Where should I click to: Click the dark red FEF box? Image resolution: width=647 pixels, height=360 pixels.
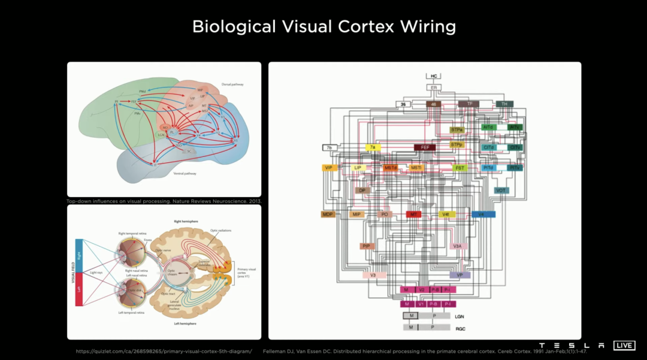425,147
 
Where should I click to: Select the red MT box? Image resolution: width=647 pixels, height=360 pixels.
413,214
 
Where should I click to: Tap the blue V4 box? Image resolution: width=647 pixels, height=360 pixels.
482,214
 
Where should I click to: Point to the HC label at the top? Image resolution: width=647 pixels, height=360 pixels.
434,76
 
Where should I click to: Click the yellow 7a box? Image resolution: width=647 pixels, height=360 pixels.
373,147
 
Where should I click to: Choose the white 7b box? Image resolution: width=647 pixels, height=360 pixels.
329,147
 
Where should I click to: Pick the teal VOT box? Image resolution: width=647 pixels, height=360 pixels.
502,190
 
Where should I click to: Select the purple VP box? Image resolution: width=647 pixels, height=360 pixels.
459,275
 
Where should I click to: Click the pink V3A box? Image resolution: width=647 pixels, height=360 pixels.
458,246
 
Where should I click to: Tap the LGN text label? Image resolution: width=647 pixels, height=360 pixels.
460,316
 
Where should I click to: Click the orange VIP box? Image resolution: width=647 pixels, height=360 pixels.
329,168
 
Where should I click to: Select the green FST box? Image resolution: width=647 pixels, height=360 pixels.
459,168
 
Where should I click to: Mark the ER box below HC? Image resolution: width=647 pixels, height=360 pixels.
434,87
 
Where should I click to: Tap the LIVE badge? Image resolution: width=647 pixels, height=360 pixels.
624,346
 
